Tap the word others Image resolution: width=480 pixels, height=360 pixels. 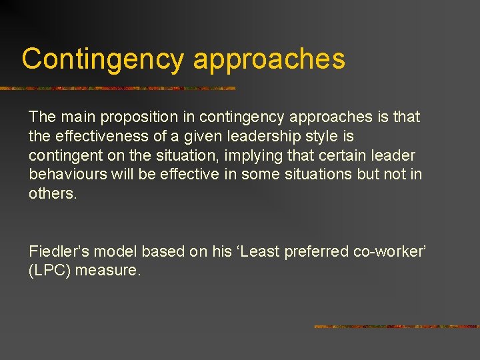coord(53,194)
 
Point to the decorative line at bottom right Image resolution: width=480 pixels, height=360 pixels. coord(396,327)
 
